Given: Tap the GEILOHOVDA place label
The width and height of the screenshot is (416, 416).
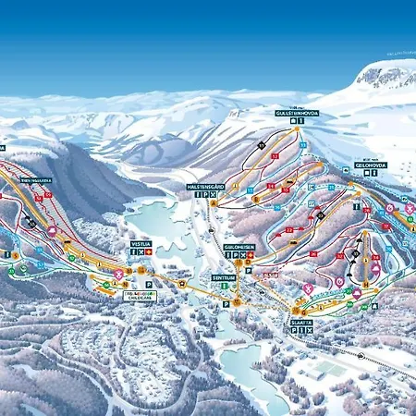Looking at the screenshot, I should click(x=370, y=165).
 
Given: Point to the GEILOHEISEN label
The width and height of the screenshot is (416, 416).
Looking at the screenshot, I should click(x=239, y=247).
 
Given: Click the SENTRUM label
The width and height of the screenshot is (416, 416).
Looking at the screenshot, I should click(x=223, y=276).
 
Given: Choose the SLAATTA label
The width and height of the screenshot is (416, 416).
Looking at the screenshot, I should click(x=300, y=322).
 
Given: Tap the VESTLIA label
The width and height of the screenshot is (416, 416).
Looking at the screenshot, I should click(x=140, y=243).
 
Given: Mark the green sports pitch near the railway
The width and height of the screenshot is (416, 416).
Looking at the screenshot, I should click(x=329, y=369).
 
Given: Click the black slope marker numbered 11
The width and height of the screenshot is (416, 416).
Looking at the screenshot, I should click(x=262, y=145).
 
